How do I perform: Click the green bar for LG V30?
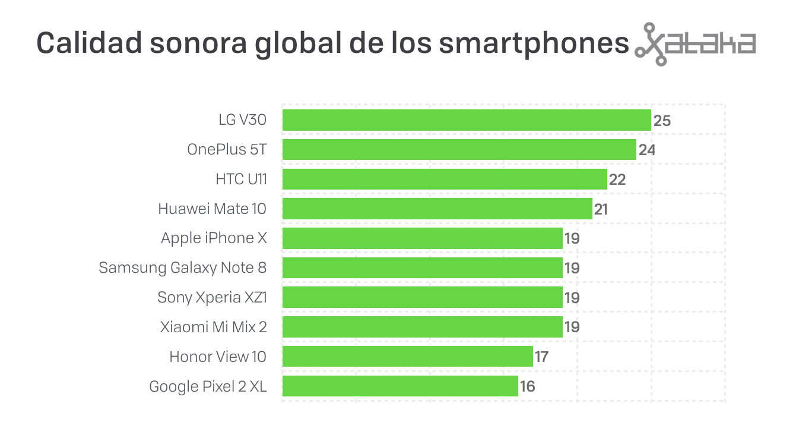pos(467,120)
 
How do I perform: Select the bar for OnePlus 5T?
pos(459,150)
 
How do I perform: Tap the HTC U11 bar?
pos(445,179)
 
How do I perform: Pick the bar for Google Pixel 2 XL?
pos(400,386)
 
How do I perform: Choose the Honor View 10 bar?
pos(407,357)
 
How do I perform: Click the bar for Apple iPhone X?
pos(422,238)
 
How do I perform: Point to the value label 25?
pos(662,121)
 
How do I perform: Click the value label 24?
pos(646,150)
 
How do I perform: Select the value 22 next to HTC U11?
pos(617,179)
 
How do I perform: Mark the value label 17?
pos(541,357)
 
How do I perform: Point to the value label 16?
pos(527,387)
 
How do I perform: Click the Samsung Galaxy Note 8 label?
pos(182,268)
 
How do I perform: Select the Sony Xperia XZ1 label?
pos(212,297)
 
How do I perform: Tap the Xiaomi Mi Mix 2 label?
pos(213,327)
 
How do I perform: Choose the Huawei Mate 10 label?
pos(212,209)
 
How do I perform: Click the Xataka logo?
pos(695,44)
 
